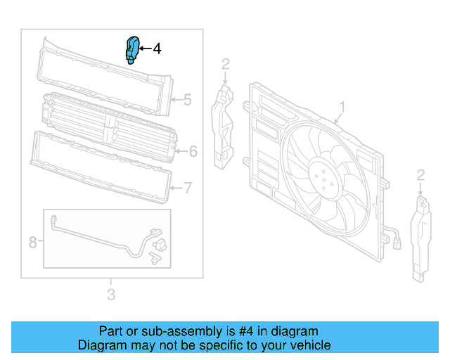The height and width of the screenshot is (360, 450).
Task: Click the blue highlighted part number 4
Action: [x=131, y=50]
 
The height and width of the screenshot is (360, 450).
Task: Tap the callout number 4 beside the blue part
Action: [x=157, y=49]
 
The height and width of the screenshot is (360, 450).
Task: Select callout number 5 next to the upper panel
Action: [x=187, y=100]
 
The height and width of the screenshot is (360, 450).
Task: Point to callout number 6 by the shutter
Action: [x=193, y=151]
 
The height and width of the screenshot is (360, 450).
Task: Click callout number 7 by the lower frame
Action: [x=188, y=188]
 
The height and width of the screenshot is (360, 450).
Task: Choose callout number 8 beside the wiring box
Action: [x=32, y=243]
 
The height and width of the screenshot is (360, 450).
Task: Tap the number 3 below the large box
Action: [x=111, y=295]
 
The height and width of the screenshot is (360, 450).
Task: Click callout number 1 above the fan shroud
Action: [x=342, y=107]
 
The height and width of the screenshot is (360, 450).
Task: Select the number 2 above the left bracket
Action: [x=225, y=65]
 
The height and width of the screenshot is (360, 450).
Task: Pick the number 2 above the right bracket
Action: [x=420, y=174]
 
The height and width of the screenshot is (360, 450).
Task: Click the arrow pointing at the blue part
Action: [x=144, y=49]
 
